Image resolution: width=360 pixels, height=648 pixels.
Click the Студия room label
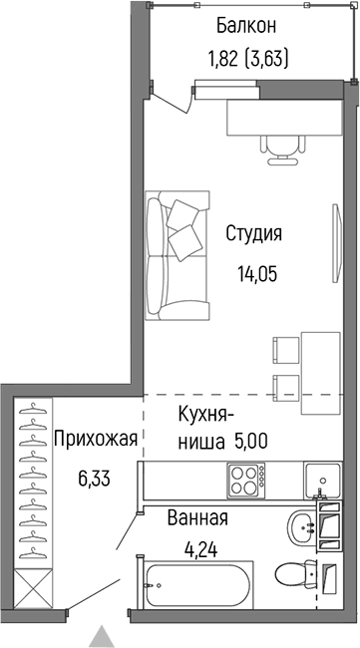pos(253,235)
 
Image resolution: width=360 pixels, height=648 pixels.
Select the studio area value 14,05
pos(253,269)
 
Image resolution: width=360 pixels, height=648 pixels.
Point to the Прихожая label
pos(94,438)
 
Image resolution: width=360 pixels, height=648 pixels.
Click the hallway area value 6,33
pos(94,478)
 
